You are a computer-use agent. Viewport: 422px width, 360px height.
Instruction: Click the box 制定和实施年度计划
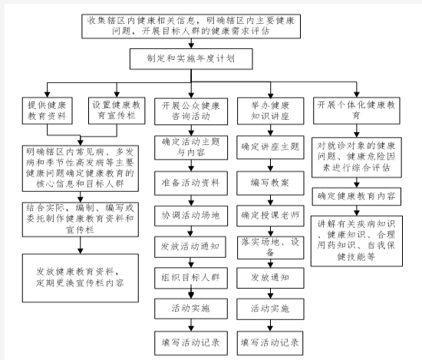tap(191, 59)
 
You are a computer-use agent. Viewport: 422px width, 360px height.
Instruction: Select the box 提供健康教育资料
tap(48, 111)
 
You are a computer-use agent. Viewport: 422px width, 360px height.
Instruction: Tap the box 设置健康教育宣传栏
tap(117, 111)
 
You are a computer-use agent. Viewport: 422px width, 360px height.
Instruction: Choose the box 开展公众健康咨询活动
tap(191, 111)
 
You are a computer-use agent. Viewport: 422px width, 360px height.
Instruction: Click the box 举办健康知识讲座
tap(271, 111)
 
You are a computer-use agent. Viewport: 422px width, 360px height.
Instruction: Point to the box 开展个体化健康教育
tap(357, 111)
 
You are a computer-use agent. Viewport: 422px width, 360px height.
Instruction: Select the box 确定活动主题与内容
tap(191, 147)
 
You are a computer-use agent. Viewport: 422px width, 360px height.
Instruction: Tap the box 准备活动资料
tap(191, 183)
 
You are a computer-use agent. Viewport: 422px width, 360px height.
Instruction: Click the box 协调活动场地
tap(191, 216)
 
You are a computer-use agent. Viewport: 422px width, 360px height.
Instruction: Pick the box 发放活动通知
tap(190, 247)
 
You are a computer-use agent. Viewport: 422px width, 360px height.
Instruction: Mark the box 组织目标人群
tap(191, 278)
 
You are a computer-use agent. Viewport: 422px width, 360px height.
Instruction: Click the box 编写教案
tap(271, 183)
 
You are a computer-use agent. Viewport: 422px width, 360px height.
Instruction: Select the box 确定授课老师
tap(271, 216)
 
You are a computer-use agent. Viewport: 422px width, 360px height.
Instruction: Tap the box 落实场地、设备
tap(271, 248)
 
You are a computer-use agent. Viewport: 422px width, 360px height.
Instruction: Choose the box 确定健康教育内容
tap(357, 197)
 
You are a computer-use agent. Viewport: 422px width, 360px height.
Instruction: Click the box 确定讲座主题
tap(271, 147)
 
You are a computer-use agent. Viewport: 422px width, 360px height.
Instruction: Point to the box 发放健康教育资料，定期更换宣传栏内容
tap(81, 278)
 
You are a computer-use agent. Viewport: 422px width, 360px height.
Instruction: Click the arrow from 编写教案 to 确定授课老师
tap(271, 200)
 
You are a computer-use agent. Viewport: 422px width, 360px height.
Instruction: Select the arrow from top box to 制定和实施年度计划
tap(191, 43)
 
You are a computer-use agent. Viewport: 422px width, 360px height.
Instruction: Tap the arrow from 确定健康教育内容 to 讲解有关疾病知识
tap(357, 210)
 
